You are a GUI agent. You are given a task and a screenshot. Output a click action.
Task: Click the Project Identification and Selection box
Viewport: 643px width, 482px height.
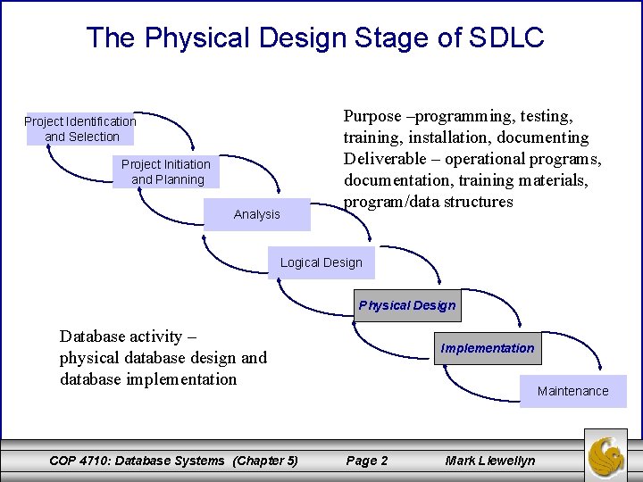click(80, 129)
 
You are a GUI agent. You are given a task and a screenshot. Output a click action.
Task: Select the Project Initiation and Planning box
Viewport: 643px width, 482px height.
click(167, 171)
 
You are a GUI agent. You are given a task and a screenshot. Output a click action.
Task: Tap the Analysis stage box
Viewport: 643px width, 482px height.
click(256, 214)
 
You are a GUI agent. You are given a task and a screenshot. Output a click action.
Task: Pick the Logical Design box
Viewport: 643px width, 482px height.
click(321, 262)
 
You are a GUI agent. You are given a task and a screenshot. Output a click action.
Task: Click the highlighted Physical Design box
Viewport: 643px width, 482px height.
click(407, 305)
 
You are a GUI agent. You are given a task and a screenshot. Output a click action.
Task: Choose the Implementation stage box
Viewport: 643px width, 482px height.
click(488, 348)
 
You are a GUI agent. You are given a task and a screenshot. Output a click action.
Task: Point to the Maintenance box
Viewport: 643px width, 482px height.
click(572, 391)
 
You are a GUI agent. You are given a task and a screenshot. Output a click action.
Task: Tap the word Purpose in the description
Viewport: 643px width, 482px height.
click(372, 116)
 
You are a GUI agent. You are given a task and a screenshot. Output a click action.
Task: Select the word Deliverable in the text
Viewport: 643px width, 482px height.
click(386, 159)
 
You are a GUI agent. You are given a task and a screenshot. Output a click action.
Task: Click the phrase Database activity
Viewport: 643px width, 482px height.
click(128, 337)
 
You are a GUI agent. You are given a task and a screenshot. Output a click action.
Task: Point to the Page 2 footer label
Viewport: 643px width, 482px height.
click(366, 461)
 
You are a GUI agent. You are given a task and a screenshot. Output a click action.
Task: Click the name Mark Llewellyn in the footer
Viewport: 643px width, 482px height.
click(490, 461)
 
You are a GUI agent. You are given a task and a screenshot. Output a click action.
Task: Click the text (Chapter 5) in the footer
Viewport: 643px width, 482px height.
click(265, 461)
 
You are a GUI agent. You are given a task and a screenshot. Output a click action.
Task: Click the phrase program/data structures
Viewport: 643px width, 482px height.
click(429, 202)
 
